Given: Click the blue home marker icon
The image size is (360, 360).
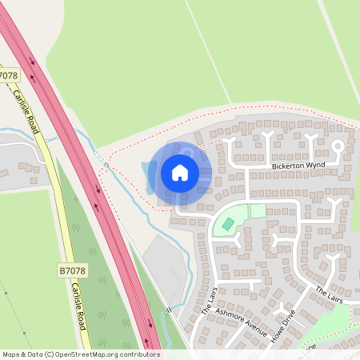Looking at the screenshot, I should click(180, 173).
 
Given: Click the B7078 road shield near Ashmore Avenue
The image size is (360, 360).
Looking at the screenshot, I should click(72, 272).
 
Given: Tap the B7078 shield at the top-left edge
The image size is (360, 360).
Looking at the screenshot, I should click(8, 74).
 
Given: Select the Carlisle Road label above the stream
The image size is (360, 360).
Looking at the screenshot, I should click(27, 110).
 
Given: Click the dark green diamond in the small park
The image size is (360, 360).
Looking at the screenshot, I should click(229, 224).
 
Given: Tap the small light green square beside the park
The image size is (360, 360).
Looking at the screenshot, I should click(258, 210).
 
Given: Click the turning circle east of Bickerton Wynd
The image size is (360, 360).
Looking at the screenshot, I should click(338, 146).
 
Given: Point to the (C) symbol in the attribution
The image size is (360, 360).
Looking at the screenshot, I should click(49, 354).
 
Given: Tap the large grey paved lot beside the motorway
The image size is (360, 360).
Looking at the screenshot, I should click(166, 270).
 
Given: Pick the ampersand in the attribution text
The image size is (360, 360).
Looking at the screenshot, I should click(26, 354).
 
